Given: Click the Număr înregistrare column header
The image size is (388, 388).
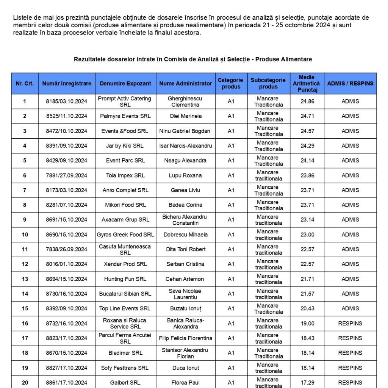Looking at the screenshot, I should tap(67, 83).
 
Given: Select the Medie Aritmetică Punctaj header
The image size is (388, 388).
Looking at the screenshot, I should tap(306, 83).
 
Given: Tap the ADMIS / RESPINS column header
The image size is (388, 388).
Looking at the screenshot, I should tap(350, 83).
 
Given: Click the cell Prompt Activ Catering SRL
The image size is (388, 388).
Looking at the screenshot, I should tap(124, 102).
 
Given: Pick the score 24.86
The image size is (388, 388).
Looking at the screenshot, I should tap(307, 102).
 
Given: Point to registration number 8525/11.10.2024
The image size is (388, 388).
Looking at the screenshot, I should tap(67, 116).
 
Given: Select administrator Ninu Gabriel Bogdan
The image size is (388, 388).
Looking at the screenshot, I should tap(185, 131).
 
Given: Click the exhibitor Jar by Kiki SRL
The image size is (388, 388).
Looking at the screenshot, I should tap(125, 146).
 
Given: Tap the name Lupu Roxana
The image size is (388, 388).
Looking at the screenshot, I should tap(185, 175).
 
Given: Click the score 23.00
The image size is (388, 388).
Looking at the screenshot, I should tap(307, 235).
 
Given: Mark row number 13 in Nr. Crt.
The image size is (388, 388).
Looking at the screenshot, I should tap(25, 279).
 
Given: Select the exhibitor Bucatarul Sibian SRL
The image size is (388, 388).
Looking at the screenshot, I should tap(125, 294).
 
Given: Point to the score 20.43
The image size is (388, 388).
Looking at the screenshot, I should tap(307, 308).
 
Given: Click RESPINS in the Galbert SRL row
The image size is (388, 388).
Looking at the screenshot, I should tap(350, 383).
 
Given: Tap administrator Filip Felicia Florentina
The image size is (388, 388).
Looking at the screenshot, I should tap(185, 338).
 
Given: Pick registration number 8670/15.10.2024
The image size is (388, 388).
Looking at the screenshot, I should tap(67, 353).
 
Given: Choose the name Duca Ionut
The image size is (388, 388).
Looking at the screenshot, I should tap(185, 368).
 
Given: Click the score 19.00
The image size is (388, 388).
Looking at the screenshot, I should tap(307, 324).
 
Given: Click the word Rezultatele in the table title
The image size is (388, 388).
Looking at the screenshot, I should tap(89, 59).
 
